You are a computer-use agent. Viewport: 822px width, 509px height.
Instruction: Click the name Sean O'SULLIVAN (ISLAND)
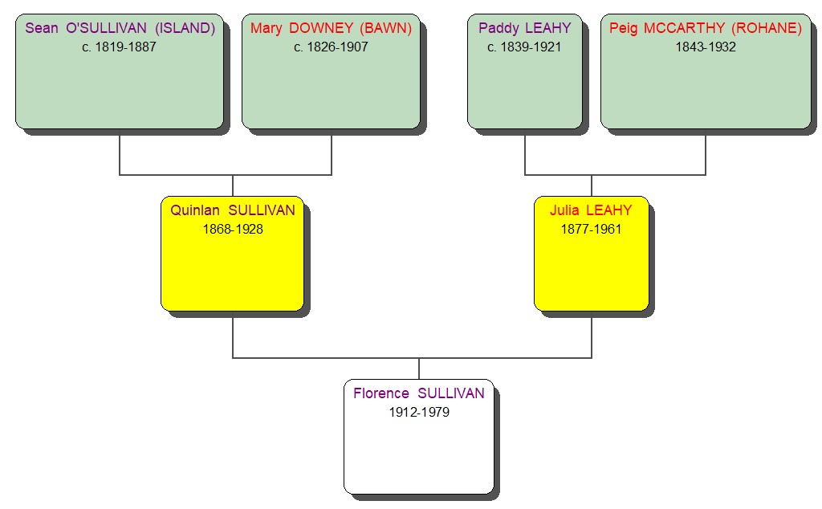tap(120, 28)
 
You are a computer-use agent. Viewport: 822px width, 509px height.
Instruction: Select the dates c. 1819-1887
tap(120, 47)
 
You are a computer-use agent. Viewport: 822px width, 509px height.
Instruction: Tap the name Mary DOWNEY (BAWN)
tap(331, 28)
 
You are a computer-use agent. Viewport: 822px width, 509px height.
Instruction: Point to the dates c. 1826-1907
tap(331, 47)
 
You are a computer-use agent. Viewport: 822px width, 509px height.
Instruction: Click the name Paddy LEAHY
tap(525, 28)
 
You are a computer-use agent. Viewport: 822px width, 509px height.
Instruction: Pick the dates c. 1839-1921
tap(525, 47)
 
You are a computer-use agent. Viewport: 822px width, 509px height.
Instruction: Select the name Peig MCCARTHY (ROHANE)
tap(706, 28)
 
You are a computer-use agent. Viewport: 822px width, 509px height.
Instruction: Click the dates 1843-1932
tap(706, 47)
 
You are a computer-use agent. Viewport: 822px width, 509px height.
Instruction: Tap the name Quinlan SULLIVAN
tap(233, 210)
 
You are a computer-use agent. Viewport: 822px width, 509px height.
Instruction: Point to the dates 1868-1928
tap(233, 229)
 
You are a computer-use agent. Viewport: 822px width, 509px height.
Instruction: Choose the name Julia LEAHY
tap(591, 210)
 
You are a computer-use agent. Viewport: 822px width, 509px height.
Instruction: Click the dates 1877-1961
tap(591, 229)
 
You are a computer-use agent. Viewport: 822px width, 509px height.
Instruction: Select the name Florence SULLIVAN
tap(419, 393)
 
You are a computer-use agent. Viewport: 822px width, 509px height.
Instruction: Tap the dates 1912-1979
tap(419, 412)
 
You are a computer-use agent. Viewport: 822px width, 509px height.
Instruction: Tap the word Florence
tap(380, 393)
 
